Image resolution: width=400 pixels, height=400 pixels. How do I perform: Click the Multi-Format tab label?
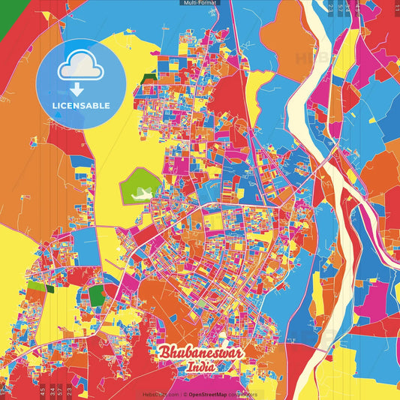click(200, 3)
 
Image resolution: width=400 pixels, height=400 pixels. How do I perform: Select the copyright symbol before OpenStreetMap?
click(185, 394)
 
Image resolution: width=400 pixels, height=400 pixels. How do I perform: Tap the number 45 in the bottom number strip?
click(43, 389)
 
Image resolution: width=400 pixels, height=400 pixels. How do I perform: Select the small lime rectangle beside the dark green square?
click(36, 287)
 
